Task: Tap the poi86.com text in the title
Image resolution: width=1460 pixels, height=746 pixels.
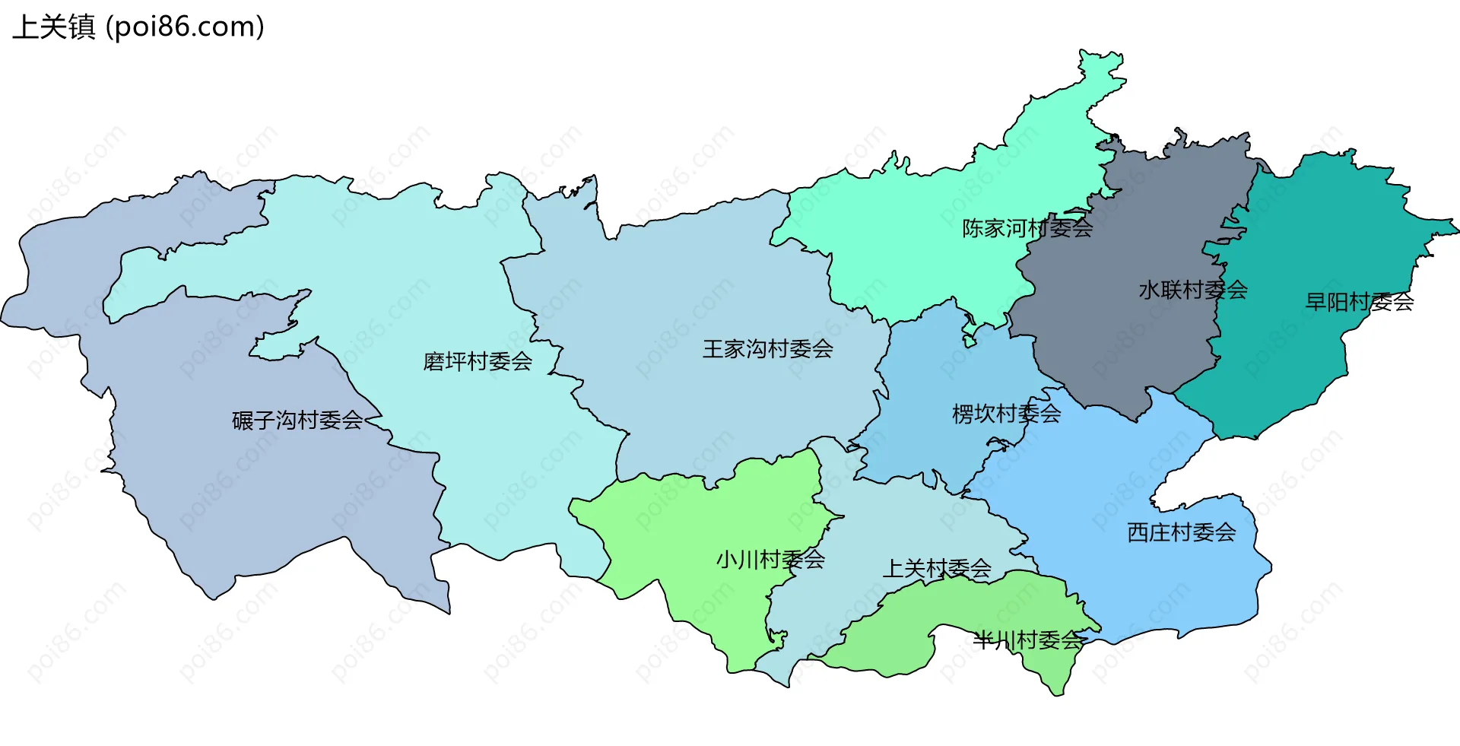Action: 185,27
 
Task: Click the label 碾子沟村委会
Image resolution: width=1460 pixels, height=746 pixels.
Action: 297,420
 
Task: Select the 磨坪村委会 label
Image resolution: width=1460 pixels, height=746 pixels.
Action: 478,361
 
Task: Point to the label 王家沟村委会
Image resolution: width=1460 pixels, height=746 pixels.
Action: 767,349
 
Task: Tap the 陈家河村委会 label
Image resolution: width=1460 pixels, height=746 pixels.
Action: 1027,228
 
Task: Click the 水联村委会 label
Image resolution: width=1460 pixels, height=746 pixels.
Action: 1192,290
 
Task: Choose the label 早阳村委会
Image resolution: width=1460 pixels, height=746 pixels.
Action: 1359,302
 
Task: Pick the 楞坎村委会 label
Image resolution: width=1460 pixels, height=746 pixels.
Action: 1006,414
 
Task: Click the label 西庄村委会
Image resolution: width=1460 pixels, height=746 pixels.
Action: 1181,532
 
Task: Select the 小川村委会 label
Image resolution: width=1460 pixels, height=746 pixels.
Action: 770,560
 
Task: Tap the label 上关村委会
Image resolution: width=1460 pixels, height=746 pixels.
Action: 936,568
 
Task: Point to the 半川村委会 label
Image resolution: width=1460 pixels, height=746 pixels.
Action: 1027,640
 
